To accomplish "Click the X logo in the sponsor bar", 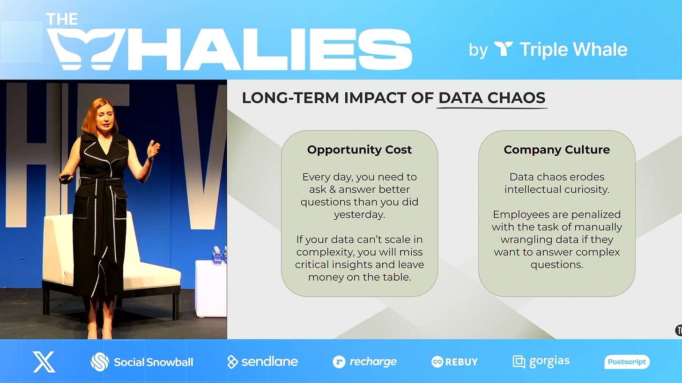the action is pos(44,362).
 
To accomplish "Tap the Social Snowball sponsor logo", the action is pos(142,362).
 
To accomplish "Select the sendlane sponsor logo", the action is pos(262,362).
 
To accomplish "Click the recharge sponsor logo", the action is pos(364,362).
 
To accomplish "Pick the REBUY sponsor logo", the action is pos(454,362).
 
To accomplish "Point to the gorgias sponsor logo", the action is pos(541,362).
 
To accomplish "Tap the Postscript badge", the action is pos(627,362).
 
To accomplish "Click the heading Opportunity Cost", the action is pos(359,150).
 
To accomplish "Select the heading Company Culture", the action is pos(556,150).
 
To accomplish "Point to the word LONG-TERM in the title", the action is pos(290,98).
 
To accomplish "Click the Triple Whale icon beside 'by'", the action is pos(503,49).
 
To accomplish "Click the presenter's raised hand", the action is pos(153,149).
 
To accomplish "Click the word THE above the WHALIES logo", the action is pos(62,19).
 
